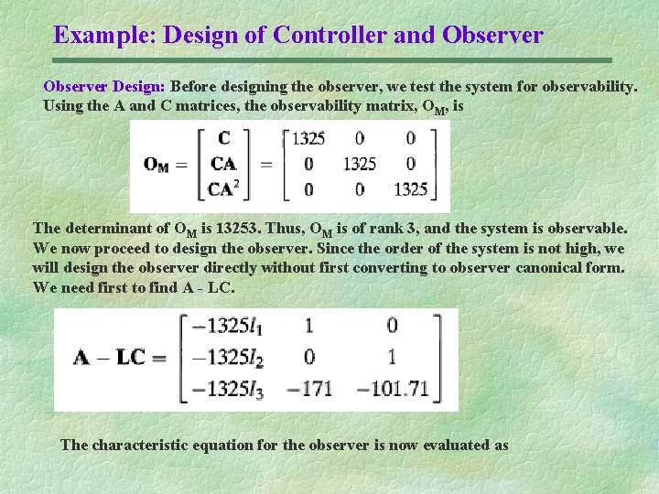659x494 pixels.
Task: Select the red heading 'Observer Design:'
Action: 104,87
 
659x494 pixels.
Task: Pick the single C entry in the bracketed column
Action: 224,139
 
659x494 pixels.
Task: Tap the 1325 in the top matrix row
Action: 308,139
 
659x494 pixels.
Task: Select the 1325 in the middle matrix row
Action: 360,165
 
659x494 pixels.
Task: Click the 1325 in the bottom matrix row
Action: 411,189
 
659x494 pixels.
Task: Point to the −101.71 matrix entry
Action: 392,388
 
